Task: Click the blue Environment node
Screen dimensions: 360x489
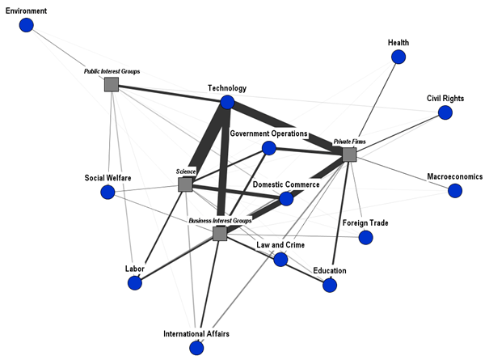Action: click(27, 26)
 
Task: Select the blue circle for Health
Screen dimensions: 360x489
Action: click(398, 57)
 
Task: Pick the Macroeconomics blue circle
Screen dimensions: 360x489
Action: click(455, 191)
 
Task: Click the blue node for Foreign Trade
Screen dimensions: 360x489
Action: click(365, 238)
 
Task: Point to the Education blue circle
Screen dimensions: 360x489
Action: click(330, 285)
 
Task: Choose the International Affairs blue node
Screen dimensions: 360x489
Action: click(196, 348)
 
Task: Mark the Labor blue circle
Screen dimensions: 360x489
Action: click(135, 283)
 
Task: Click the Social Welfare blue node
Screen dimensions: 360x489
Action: click(107, 192)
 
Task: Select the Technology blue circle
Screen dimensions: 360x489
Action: click(227, 103)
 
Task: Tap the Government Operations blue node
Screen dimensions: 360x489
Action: click(268, 148)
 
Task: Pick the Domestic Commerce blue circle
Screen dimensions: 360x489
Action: click(286, 198)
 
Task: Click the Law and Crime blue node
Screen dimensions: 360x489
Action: click(280, 260)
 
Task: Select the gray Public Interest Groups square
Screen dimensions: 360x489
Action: click(112, 84)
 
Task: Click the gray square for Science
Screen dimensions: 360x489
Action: click(185, 184)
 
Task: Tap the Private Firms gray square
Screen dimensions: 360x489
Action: click(349, 155)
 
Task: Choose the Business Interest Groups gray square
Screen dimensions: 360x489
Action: click(220, 234)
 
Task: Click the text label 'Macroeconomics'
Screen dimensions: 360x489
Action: click(455, 176)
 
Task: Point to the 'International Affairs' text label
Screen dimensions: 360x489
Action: click(196, 333)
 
